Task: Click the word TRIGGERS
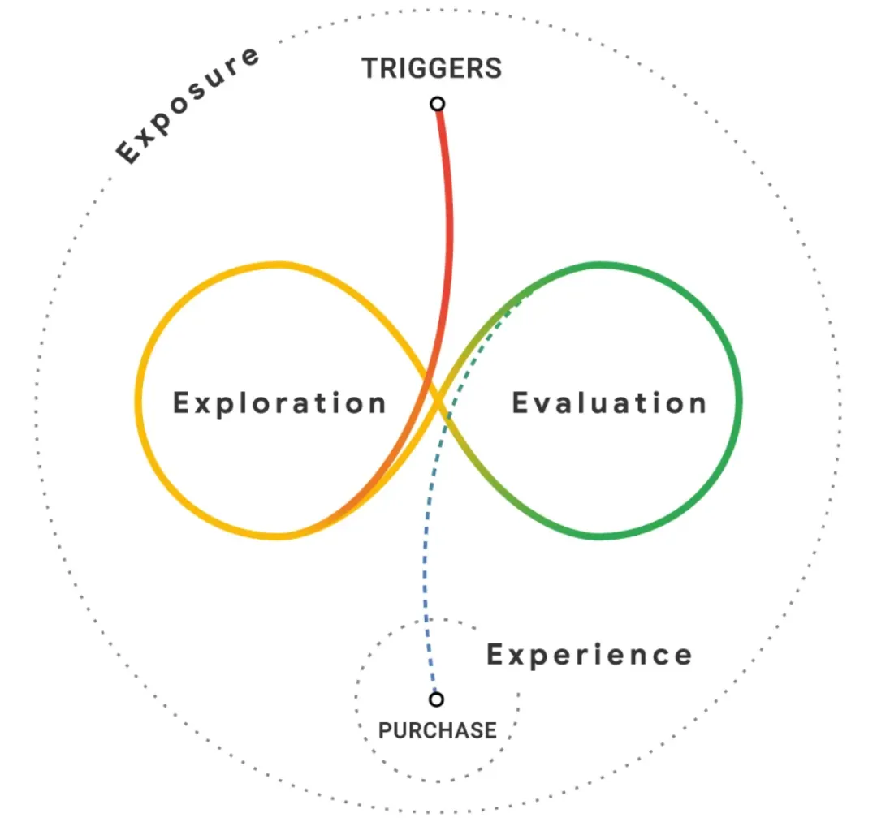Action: pyautogui.click(x=432, y=68)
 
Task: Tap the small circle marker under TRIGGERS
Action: pyautogui.click(x=438, y=104)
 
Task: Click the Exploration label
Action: pyautogui.click(x=279, y=403)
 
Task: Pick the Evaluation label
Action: pyautogui.click(x=609, y=403)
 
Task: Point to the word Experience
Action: pyautogui.click(x=589, y=655)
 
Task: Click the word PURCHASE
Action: pyautogui.click(x=437, y=730)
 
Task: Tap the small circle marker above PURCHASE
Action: pyautogui.click(x=437, y=699)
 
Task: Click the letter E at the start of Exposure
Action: pyautogui.click(x=128, y=152)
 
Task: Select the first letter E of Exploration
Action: pyautogui.click(x=183, y=403)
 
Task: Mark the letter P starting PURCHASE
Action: pyautogui.click(x=385, y=730)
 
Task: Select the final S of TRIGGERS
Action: pyautogui.click(x=494, y=68)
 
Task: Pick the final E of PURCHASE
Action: pyautogui.click(x=490, y=730)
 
